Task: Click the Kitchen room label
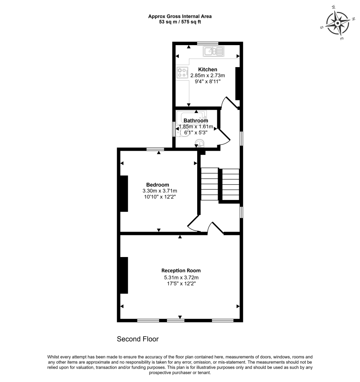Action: (x=208, y=69)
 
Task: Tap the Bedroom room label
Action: (x=157, y=185)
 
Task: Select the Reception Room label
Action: (x=181, y=270)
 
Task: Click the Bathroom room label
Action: (x=196, y=120)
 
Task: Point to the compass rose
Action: (x=338, y=23)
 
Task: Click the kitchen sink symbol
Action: (x=214, y=51)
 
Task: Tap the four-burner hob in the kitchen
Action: (x=182, y=73)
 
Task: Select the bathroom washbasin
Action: (x=200, y=143)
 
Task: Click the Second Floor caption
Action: (x=138, y=339)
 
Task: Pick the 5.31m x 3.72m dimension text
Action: (x=181, y=277)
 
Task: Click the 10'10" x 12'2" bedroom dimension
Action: (x=157, y=197)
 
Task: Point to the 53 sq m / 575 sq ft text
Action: (x=180, y=22)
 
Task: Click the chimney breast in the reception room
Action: (x=124, y=275)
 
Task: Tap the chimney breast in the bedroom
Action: (x=124, y=193)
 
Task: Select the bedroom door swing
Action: (x=193, y=224)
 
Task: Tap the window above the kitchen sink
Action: (x=208, y=43)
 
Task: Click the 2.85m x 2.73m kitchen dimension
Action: (x=208, y=75)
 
